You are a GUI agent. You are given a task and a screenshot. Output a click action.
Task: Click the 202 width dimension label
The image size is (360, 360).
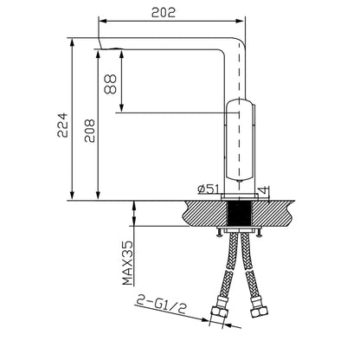pos(164,12)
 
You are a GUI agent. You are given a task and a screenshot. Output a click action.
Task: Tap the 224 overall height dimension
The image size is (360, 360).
pos(62,125)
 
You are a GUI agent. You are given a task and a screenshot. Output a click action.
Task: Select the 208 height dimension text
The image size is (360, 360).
pos(89,131)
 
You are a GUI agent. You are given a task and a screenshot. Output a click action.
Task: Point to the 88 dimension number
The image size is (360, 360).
pos(110,84)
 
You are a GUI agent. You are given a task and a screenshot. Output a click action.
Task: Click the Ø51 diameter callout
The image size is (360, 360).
pos(209,190)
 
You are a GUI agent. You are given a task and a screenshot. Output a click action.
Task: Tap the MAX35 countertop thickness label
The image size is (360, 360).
pos(128,263)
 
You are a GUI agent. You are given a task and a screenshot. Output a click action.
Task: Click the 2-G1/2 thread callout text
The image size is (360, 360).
pos(161,305)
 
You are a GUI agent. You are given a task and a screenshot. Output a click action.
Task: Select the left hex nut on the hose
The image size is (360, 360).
pos(219,312)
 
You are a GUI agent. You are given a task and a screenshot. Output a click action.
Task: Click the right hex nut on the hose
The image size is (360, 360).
pos(259,312)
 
